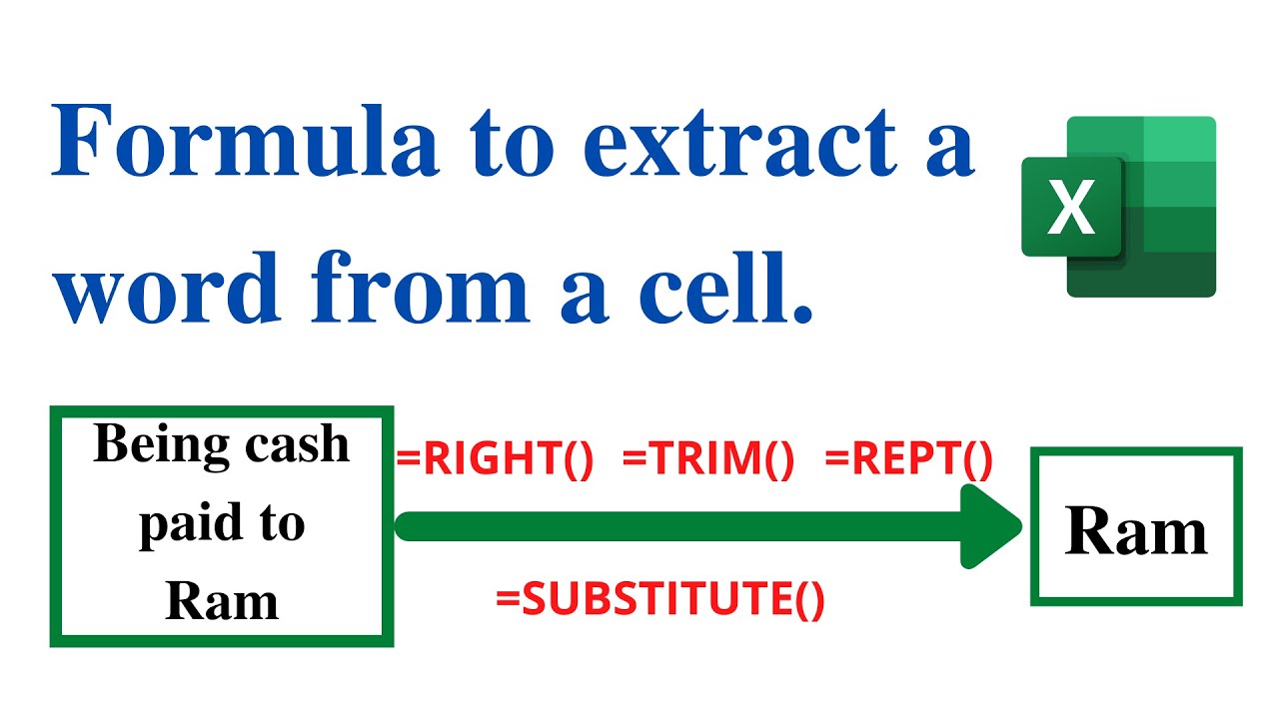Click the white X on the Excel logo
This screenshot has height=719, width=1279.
1072,208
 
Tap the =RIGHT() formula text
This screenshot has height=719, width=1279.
495,460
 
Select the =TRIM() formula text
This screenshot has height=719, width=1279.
707,460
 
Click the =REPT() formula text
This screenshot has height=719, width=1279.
908,460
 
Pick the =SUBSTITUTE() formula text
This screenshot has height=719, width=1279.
660,599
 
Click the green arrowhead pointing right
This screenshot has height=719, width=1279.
989,526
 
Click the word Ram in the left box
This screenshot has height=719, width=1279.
221,601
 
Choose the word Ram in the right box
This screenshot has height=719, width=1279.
1136,530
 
